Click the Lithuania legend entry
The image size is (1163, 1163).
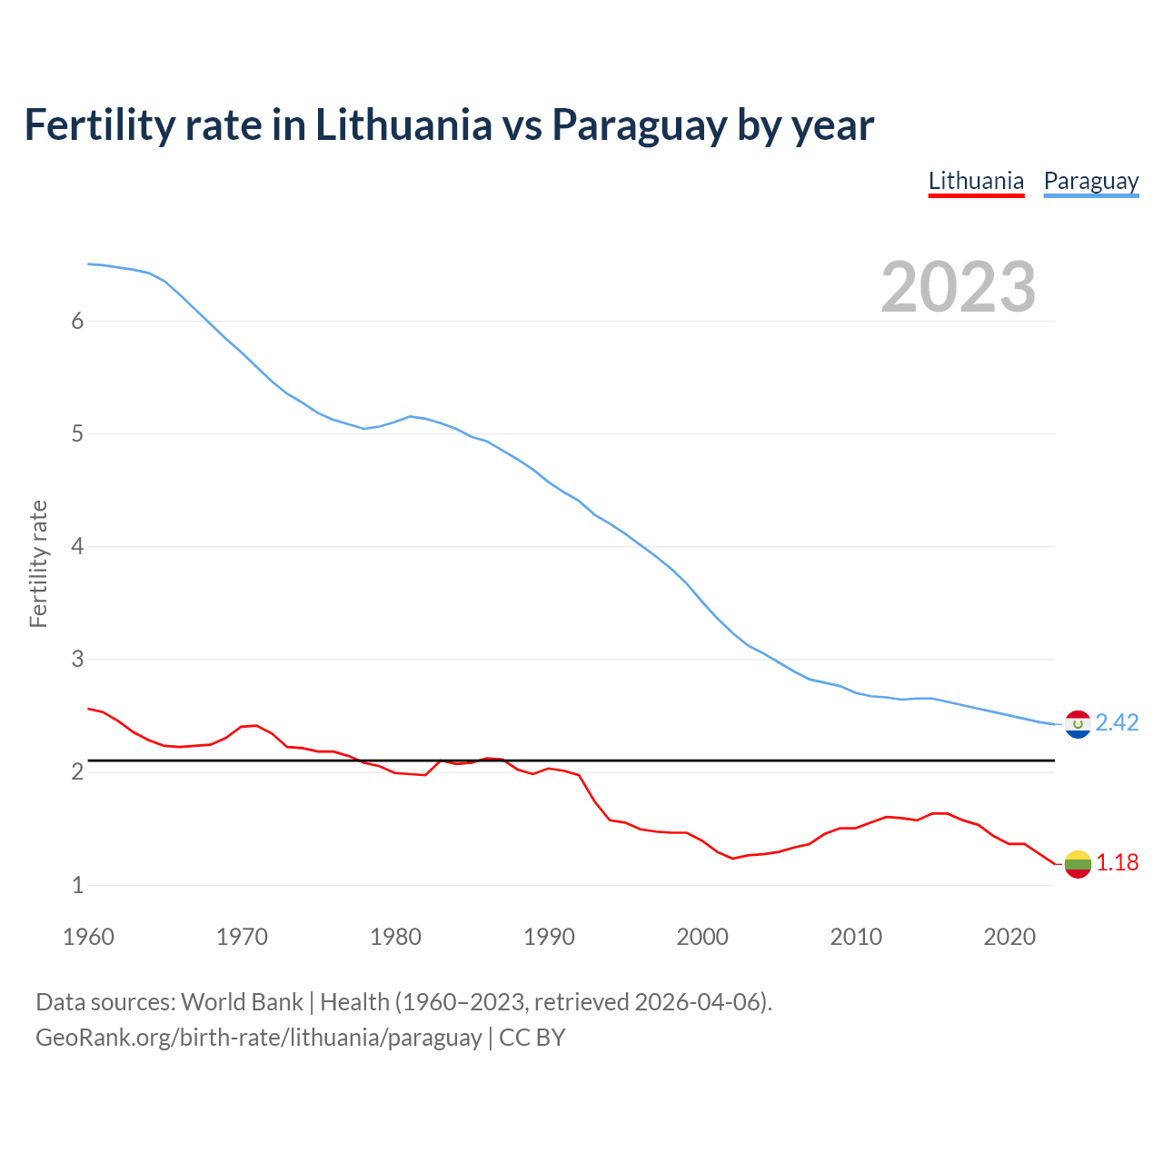coord(976,181)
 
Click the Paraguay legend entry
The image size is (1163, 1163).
coord(1090,181)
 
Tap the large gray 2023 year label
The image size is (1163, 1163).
coord(958,287)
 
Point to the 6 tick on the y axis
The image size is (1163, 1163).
coord(77,321)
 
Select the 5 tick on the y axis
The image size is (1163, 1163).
coord(77,433)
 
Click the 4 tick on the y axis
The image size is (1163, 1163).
coord(77,546)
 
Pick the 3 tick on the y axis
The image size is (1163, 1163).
coord(77,659)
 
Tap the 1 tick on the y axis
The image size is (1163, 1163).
coord(77,885)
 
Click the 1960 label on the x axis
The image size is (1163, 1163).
coord(88,937)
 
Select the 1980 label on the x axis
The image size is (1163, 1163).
coord(395,937)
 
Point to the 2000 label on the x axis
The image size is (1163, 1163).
coord(702,937)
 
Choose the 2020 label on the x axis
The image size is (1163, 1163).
coord(1009,937)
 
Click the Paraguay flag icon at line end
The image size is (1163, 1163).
coord(1078,724)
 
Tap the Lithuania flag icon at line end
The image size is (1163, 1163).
coord(1078,864)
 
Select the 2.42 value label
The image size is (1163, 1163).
coord(1117,722)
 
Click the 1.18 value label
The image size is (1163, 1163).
coord(1117,862)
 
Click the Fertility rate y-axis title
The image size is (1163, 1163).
coord(38,563)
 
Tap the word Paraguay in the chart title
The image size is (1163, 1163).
coord(639,125)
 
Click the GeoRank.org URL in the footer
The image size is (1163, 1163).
coord(258,1038)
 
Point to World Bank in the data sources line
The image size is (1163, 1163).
coord(242,1002)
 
